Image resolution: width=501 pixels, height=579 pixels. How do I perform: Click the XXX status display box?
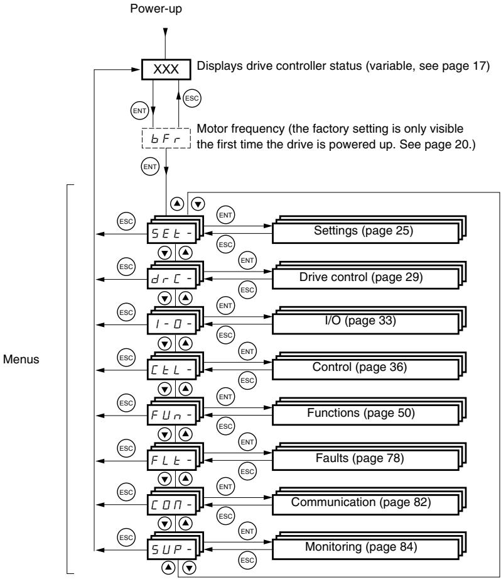(x=166, y=69)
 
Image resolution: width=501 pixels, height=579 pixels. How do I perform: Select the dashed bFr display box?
(x=166, y=138)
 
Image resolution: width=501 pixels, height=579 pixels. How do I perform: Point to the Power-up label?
(x=156, y=9)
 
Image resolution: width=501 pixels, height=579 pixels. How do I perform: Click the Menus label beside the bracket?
(x=21, y=360)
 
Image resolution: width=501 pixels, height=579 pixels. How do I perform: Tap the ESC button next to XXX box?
(x=191, y=99)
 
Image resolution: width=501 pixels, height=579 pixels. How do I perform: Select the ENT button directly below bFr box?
(x=150, y=167)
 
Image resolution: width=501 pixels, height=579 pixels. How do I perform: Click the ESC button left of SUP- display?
(x=126, y=538)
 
